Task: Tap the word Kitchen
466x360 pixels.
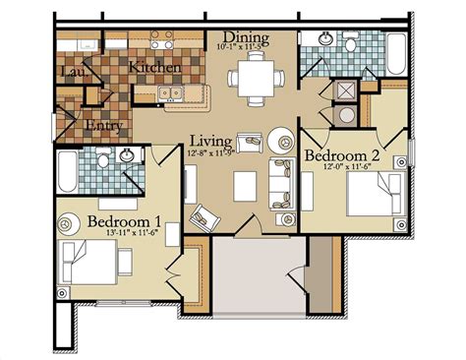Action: [154, 68]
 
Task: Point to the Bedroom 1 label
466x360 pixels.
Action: [126, 221]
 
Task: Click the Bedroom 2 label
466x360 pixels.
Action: [341, 156]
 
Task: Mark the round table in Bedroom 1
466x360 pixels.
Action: [68, 224]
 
